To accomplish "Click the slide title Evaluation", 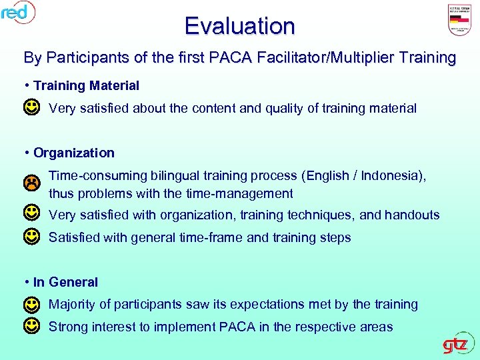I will pos(239,26).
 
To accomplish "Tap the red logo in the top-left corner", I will pos(18,12).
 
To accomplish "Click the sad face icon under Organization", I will pos(31,182).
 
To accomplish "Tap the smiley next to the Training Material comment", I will pos(31,107).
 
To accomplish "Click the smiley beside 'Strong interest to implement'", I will pos(31,327).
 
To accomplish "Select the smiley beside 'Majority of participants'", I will pos(31,305).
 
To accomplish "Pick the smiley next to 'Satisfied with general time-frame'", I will pos(31,237).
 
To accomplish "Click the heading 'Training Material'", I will pos(86,86).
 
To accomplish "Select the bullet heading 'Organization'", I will pos(73,153).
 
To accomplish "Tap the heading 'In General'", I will pos(65,282).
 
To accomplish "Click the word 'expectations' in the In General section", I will pos(267,305).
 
